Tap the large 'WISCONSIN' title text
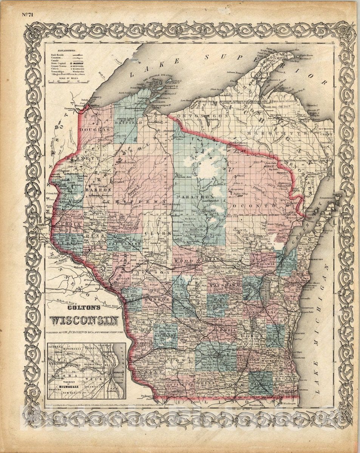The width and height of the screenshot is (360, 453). pos(84,320)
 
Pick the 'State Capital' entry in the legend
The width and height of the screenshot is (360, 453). pos(59,64)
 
